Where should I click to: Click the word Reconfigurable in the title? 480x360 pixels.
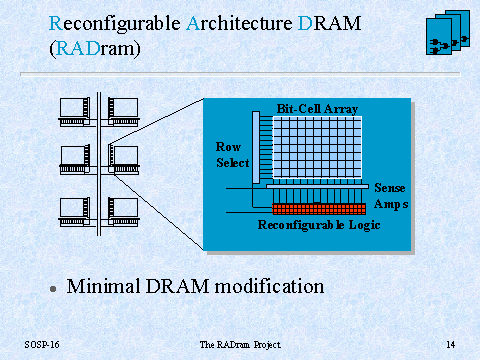(x=115, y=23)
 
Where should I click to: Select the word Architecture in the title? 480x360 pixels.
(x=239, y=23)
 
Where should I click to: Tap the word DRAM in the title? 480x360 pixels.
(x=329, y=23)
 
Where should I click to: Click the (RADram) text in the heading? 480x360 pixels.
(x=95, y=49)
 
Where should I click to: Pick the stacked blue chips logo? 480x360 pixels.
(x=448, y=32)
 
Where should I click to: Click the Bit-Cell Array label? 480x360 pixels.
(x=317, y=109)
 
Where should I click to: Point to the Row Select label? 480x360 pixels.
(x=232, y=155)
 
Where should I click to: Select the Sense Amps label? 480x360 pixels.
(x=391, y=196)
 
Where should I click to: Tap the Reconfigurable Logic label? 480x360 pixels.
(x=319, y=225)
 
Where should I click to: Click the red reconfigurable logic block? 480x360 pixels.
(x=319, y=209)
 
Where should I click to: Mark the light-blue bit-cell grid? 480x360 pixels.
(x=317, y=147)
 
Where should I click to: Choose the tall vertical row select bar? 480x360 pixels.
(x=256, y=147)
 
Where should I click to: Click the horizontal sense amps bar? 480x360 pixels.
(x=318, y=186)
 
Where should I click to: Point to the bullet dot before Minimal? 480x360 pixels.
(x=53, y=289)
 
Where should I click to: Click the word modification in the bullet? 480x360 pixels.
(x=269, y=286)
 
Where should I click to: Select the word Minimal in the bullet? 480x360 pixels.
(x=103, y=286)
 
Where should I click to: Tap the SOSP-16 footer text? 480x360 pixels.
(x=42, y=344)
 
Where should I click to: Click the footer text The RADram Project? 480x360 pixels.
(x=240, y=345)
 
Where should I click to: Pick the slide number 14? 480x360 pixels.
(x=451, y=344)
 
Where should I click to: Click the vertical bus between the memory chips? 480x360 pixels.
(x=99, y=164)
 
